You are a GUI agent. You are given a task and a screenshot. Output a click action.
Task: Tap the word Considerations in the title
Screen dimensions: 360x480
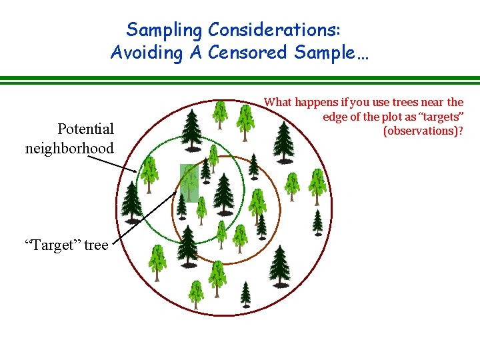point(275,30)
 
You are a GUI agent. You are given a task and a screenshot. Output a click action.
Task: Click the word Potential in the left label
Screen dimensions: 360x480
point(85,128)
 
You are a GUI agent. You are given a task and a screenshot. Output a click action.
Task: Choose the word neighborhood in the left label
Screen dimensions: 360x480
point(69,148)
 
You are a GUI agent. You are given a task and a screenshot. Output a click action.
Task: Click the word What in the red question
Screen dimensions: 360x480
point(278,102)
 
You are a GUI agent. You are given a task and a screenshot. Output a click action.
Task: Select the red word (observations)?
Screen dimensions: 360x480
point(423,131)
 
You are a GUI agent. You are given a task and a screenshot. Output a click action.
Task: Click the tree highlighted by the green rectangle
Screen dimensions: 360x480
point(190,181)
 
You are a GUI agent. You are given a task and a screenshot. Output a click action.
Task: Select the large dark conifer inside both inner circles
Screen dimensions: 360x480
point(223,190)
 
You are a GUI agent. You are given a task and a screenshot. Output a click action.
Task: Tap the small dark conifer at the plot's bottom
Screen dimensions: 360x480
point(246,293)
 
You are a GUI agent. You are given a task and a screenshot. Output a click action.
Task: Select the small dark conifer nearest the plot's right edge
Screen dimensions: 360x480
point(318,222)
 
